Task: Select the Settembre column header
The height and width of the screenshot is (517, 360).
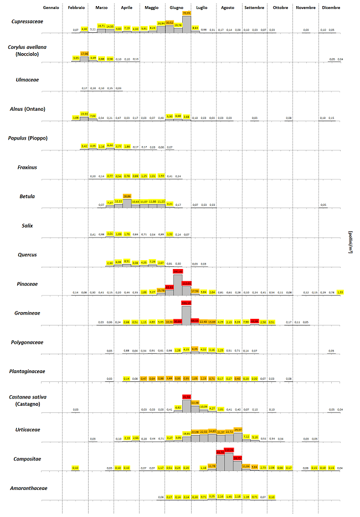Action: (254, 8)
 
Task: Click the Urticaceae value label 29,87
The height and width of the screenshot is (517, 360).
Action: (238, 430)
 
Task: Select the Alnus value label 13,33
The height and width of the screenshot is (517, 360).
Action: (84, 113)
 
